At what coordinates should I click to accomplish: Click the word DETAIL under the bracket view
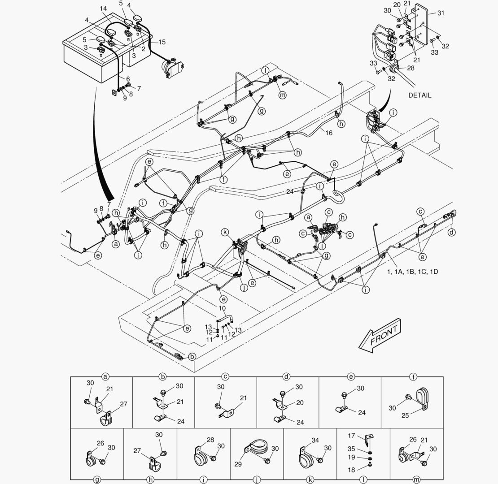[x=419, y=95]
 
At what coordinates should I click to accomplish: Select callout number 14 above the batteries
[x=103, y=9]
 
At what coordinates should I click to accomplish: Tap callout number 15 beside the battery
[x=162, y=42]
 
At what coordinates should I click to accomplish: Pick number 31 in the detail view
[x=441, y=13]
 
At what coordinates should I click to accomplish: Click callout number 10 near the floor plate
[x=222, y=309]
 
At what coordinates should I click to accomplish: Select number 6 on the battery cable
[x=128, y=79]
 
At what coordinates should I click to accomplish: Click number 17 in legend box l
[x=351, y=435]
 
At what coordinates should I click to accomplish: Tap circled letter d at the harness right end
[x=451, y=232]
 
